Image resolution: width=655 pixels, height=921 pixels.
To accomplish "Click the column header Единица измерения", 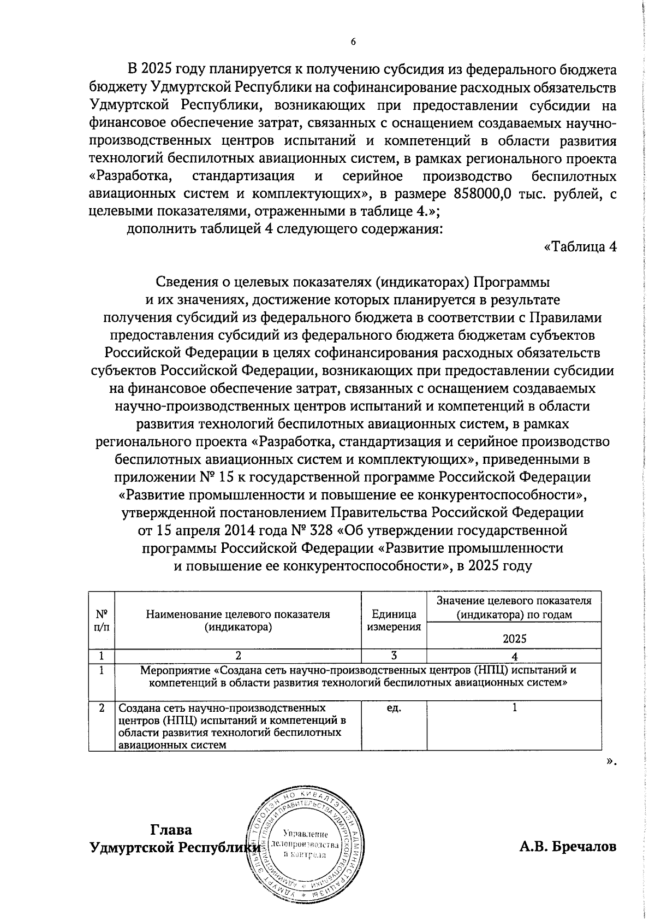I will [x=394, y=621].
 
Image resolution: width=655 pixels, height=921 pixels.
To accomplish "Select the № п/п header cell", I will [x=102, y=621].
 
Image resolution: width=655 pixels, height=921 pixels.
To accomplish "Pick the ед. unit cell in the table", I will [x=394, y=709].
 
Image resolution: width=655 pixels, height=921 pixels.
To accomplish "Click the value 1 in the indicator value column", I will [x=514, y=708].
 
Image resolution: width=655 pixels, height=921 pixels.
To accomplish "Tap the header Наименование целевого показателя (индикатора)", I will [x=238, y=621].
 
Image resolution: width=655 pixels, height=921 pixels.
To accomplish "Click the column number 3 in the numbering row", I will [x=394, y=656].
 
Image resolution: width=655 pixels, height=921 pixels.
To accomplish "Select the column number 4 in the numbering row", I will [x=514, y=657].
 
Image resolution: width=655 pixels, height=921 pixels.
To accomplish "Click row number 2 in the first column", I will [x=102, y=709].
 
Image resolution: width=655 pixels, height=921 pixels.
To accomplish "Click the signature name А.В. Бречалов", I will [x=568, y=847].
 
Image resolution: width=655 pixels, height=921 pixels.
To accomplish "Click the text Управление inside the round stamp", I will [x=306, y=834].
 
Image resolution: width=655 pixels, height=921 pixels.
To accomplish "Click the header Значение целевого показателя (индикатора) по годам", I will [x=514, y=607].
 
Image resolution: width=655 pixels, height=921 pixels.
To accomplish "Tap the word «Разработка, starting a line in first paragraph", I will [x=132, y=176].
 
